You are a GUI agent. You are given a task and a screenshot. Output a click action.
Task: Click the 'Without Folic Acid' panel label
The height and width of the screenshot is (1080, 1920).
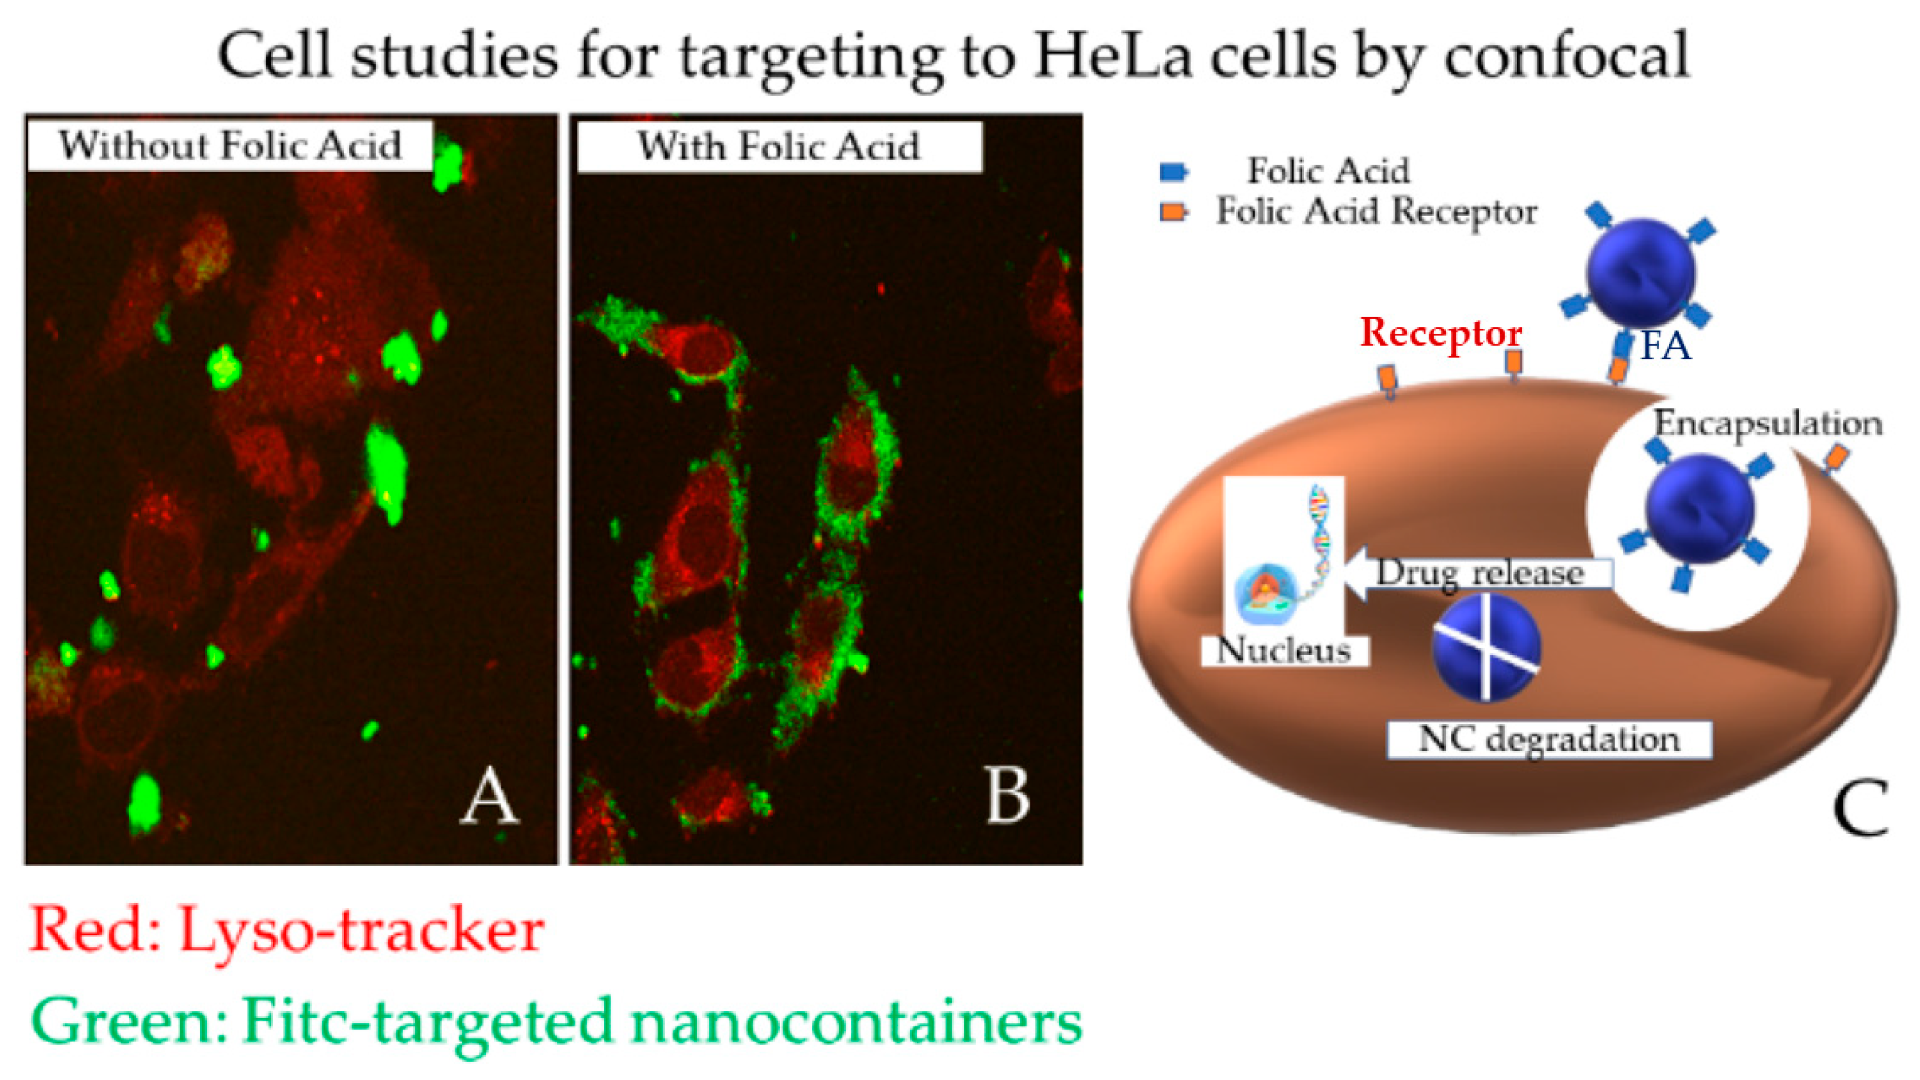(230, 145)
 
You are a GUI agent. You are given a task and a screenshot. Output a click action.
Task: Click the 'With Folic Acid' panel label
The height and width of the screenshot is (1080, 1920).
(779, 147)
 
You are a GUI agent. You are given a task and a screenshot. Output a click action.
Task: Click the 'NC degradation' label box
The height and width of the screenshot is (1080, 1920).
(1549, 740)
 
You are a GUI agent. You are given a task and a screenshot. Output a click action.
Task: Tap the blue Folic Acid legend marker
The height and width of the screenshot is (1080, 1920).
(1174, 172)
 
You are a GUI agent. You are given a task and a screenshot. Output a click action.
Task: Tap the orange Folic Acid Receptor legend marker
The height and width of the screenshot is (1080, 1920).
(1174, 212)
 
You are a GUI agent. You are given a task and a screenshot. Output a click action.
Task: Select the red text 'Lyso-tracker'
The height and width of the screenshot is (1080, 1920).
(362, 931)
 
